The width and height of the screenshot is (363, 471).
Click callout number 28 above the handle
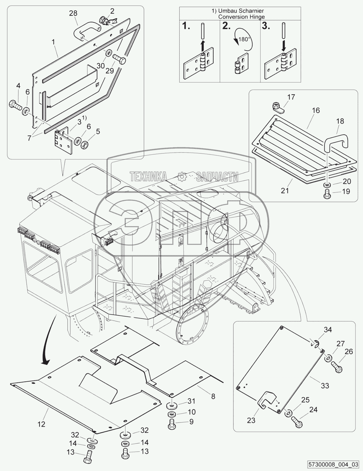73,13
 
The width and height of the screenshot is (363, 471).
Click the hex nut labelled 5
84,144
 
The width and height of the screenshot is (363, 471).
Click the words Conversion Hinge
242,17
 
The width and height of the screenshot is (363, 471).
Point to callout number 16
315,110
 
